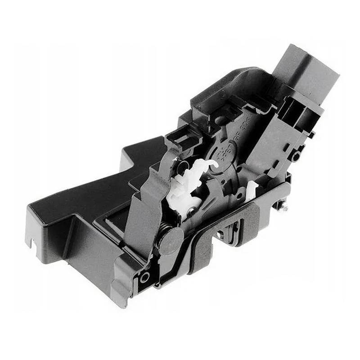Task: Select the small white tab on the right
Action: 252,189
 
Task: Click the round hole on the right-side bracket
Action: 296,157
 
